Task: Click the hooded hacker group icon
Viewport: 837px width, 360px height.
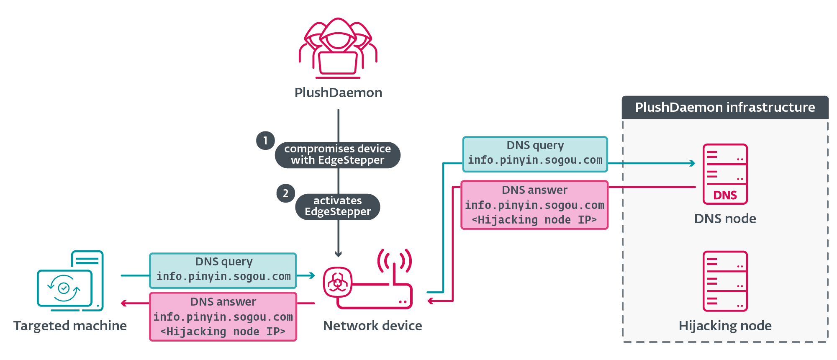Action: click(x=338, y=48)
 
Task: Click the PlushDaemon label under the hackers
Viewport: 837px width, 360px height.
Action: click(x=338, y=93)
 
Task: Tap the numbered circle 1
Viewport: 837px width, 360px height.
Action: click(x=265, y=141)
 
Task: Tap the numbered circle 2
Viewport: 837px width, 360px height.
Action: click(x=285, y=193)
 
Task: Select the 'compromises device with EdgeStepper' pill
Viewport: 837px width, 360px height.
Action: click(x=337, y=155)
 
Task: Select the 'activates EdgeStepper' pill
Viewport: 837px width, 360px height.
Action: click(x=337, y=206)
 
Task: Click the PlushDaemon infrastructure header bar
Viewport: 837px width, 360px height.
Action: click(x=725, y=107)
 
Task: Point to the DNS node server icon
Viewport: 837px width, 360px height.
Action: click(x=725, y=174)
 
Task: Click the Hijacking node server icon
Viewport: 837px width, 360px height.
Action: click(x=725, y=281)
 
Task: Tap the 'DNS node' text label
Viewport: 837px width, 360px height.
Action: click(x=725, y=219)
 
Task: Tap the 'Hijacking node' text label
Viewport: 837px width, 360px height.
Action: click(x=725, y=326)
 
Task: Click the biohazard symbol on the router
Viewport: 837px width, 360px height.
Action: click(x=337, y=282)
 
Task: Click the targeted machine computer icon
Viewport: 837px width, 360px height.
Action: click(x=70, y=281)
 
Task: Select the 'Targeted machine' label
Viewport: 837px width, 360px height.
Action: click(x=70, y=326)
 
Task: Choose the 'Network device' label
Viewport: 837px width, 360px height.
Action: click(x=372, y=326)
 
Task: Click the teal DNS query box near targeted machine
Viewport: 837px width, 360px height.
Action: click(x=223, y=270)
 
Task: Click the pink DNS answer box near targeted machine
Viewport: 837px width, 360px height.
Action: click(x=223, y=316)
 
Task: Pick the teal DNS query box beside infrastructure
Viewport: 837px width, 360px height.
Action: click(x=535, y=154)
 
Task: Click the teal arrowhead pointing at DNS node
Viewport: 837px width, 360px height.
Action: click(x=693, y=163)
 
